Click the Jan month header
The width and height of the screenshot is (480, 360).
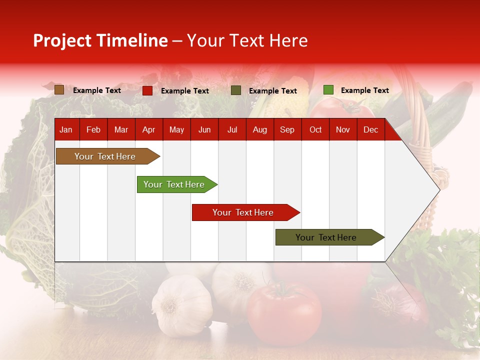coord(66,130)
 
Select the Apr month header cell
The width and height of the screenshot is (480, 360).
coord(148,130)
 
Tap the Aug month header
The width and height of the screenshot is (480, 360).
coord(259,130)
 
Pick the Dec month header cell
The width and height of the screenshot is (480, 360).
coord(370,130)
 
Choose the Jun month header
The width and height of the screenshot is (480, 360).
coord(204,130)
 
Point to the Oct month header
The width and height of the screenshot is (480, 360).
coord(315,130)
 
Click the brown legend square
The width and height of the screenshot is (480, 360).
coord(59,90)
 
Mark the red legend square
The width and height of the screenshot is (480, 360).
coord(147,90)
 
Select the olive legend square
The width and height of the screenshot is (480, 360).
coord(236,90)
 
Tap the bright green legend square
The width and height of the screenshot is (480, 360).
coord(328,90)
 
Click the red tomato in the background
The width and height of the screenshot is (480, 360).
coord(284,313)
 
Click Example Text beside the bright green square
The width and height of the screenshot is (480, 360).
coord(364,90)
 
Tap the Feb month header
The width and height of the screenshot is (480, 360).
coord(93,130)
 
